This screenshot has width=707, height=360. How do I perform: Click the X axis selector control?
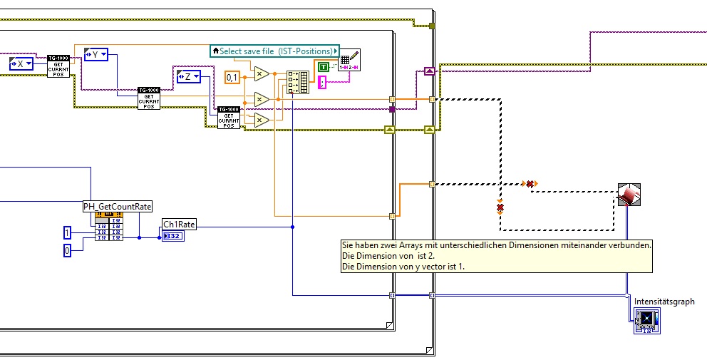point(25,65)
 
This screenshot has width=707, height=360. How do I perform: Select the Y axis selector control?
point(95,54)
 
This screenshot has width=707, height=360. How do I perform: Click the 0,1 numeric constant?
point(232,77)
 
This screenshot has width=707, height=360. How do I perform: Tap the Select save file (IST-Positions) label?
point(274,51)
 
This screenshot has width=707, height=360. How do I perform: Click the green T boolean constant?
point(324,67)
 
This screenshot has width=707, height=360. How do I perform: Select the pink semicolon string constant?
point(322,83)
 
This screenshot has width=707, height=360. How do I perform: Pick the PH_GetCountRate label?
point(118,206)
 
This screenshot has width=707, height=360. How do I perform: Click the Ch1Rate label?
point(179,224)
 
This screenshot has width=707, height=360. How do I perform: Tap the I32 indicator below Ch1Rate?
point(173,236)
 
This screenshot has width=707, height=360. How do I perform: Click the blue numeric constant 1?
point(67,233)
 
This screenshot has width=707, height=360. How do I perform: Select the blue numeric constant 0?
point(67,250)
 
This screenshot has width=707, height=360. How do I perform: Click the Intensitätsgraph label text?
point(664,302)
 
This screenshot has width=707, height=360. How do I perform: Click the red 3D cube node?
point(629,195)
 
